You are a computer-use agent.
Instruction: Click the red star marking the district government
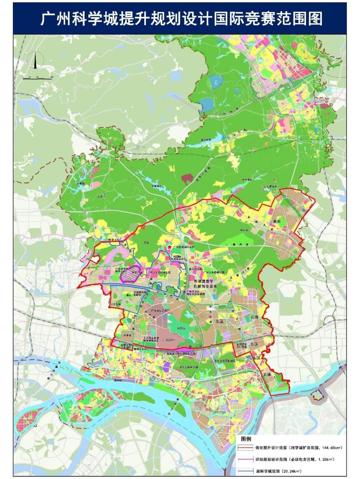coord(170,247)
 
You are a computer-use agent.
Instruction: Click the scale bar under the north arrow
coord(37,78)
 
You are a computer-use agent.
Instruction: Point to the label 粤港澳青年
coord(205,281)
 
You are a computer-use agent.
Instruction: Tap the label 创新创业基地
coord(205,286)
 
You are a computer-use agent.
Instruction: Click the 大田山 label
coord(181,328)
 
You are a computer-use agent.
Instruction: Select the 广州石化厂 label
coord(169,340)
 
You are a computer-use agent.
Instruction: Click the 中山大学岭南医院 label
coord(160,272)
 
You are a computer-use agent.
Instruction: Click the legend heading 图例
coord(246,439)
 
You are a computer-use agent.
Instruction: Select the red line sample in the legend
coord(245,448)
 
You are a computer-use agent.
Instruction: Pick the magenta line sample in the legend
coord(245,460)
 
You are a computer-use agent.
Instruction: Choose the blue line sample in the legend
coord(245,471)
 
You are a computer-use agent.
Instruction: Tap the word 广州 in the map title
coord(53,19)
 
